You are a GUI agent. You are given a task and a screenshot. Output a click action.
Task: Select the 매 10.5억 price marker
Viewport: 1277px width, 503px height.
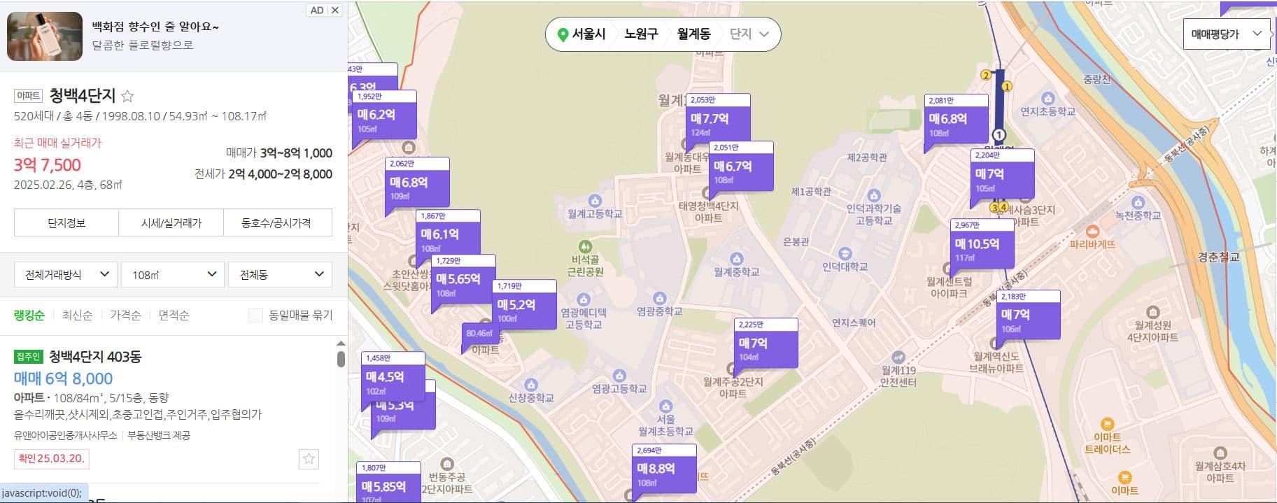(982, 245)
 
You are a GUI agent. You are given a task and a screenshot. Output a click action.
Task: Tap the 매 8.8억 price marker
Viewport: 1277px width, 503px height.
(664, 469)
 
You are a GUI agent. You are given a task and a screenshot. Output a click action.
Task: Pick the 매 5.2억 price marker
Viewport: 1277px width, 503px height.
(524, 306)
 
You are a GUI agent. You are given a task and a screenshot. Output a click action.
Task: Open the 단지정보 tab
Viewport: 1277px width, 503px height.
(66, 223)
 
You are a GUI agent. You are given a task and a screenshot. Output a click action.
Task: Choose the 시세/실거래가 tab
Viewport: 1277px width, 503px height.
(171, 223)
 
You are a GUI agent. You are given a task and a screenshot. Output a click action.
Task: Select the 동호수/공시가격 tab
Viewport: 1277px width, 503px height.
(276, 223)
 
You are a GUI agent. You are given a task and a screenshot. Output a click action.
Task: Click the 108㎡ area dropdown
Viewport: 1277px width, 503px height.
(173, 275)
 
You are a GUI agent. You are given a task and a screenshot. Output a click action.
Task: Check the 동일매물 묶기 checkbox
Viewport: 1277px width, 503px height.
(255, 316)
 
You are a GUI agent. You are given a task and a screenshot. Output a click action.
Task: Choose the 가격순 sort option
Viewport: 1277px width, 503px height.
(125, 316)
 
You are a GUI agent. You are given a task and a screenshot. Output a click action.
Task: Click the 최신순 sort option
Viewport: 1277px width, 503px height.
(77, 316)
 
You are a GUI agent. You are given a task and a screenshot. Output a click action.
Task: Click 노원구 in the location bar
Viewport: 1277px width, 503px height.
(641, 34)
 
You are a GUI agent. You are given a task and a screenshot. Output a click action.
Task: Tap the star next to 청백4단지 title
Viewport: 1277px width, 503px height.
(127, 96)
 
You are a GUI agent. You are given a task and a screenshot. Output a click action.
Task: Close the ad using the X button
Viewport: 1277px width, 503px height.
(335, 10)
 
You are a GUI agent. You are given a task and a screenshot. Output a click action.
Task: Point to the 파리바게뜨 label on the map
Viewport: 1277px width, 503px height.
(1092, 244)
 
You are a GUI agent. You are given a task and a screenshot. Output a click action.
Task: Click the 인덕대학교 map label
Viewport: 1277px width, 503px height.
(845, 267)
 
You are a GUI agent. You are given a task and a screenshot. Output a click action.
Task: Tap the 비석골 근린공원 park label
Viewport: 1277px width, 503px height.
(585, 266)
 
